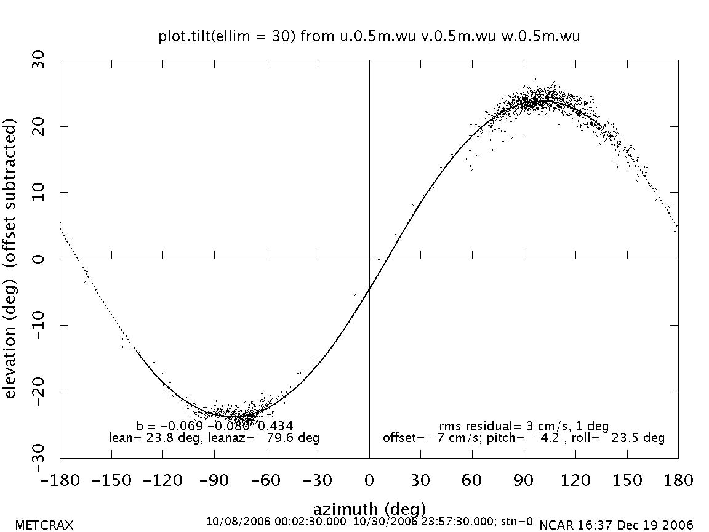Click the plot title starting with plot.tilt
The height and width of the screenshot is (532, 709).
click(369, 37)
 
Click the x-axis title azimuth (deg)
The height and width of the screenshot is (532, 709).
click(369, 509)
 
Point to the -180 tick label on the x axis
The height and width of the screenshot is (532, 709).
click(60, 480)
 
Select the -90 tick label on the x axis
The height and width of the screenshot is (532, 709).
click(214, 480)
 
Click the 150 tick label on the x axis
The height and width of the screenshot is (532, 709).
click(627, 480)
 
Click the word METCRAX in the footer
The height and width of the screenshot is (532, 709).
click(44, 525)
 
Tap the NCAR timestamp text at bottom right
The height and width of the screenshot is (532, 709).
click(616, 525)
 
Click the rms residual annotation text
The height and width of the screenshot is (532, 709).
click(524, 426)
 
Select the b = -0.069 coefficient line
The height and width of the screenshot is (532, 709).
click(214, 426)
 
